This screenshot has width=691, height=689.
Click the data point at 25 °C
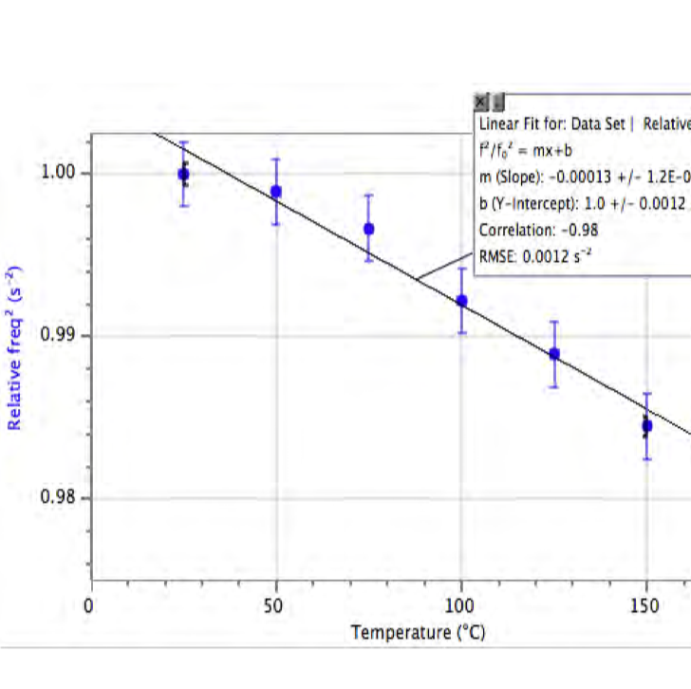tap(183, 174)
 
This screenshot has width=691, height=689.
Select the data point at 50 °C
tap(276, 192)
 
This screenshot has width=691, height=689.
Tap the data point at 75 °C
tap(368, 229)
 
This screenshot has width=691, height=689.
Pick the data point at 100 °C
tap(461, 301)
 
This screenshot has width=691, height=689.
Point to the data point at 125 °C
tap(554, 354)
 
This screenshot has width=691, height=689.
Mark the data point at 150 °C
tap(646, 426)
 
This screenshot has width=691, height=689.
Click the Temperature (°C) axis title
tap(418, 632)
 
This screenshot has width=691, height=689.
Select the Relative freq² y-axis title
tap(15, 348)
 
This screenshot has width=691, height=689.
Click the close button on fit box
tap(481, 101)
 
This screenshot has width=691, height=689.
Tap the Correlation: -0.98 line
tap(538, 229)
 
